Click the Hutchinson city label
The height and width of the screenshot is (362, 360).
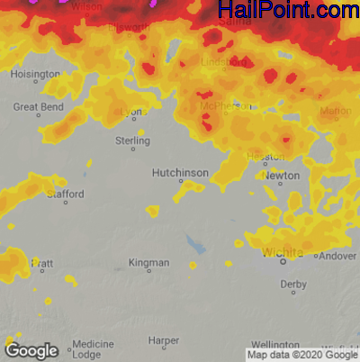[x=181, y=172]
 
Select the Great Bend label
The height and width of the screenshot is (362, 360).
[x=38, y=106]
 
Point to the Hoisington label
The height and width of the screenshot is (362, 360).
[x=36, y=76]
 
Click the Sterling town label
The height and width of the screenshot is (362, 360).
[x=133, y=140]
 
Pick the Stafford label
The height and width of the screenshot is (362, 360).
[x=66, y=194]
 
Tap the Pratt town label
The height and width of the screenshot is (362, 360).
[x=42, y=264]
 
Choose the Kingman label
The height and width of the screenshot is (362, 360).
[x=148, y=263]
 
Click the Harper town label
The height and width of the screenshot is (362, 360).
[x=164, y=341]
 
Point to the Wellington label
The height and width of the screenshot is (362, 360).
[x=274, y=346]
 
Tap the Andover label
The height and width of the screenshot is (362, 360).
[x=337, y=255]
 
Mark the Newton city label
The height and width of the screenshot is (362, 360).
[x=281, y=175]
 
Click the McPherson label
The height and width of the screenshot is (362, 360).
[x=224, y=105]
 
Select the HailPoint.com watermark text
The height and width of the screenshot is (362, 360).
[x=288, y=11]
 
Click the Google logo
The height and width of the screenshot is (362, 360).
[x=31, y=350]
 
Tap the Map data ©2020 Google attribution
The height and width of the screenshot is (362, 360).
[x=301, y=355]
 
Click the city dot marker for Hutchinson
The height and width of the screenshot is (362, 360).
[x=180, y=181]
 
